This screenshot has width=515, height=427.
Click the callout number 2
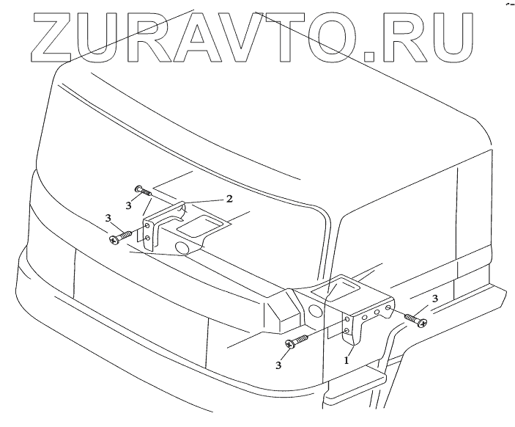(229, 199)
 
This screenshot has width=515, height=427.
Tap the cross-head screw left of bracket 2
(121, 237)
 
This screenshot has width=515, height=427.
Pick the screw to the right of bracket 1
(414, 319)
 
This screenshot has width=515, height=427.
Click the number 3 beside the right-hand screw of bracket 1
(435, 299)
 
